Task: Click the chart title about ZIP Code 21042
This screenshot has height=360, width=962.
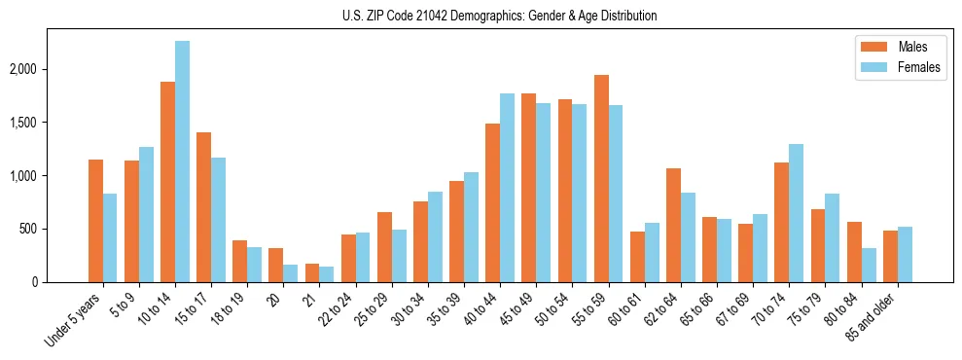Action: [499, 16]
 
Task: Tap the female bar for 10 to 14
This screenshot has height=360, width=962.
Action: [182, 162]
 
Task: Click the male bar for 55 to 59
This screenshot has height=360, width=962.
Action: [601, 178]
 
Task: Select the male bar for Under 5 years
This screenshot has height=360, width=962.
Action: [95, 221]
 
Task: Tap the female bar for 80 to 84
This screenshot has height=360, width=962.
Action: [868, 266]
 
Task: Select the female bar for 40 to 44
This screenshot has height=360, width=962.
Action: [507, 188]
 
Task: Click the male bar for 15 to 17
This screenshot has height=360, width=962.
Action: [203, 207]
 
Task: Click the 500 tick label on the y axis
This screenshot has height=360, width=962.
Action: [55, 229]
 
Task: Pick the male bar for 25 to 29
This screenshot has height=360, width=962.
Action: [384, 247]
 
